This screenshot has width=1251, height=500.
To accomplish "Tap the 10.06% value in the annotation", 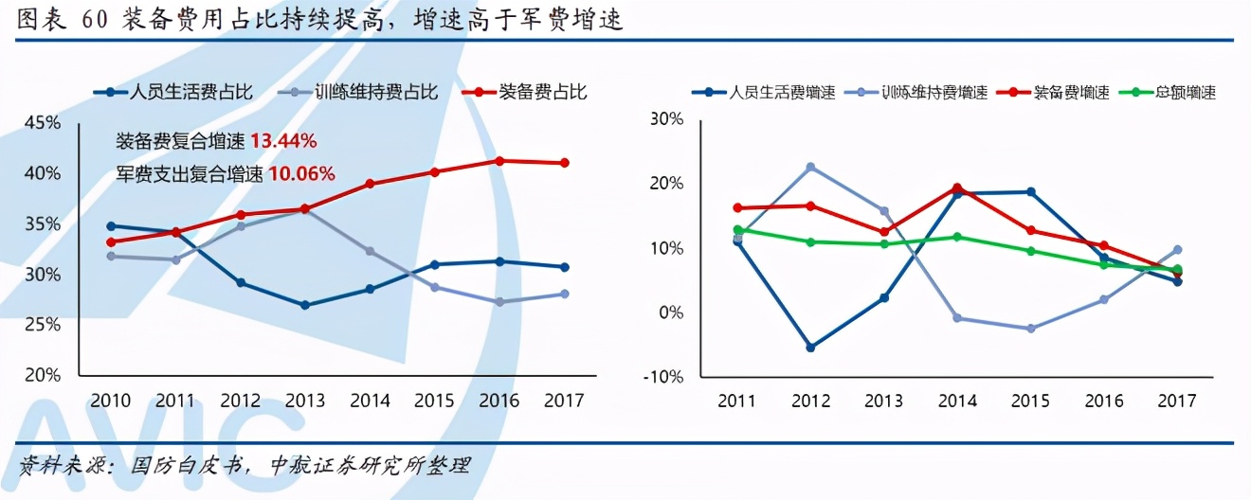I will [300, 173].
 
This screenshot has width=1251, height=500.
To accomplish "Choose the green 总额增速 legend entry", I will [1171, 92].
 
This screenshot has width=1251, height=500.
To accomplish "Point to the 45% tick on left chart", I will [43, 123].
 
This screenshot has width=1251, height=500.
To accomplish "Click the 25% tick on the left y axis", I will [43, 325].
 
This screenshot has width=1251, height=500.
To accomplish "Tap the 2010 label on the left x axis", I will [112, 401].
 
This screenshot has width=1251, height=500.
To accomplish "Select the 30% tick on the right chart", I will [665, 119].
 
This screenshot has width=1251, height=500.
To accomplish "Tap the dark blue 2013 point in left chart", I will [305, 305].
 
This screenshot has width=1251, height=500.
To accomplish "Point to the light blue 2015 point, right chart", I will [1030, 329].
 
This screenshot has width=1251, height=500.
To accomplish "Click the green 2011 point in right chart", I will [737, 230].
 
